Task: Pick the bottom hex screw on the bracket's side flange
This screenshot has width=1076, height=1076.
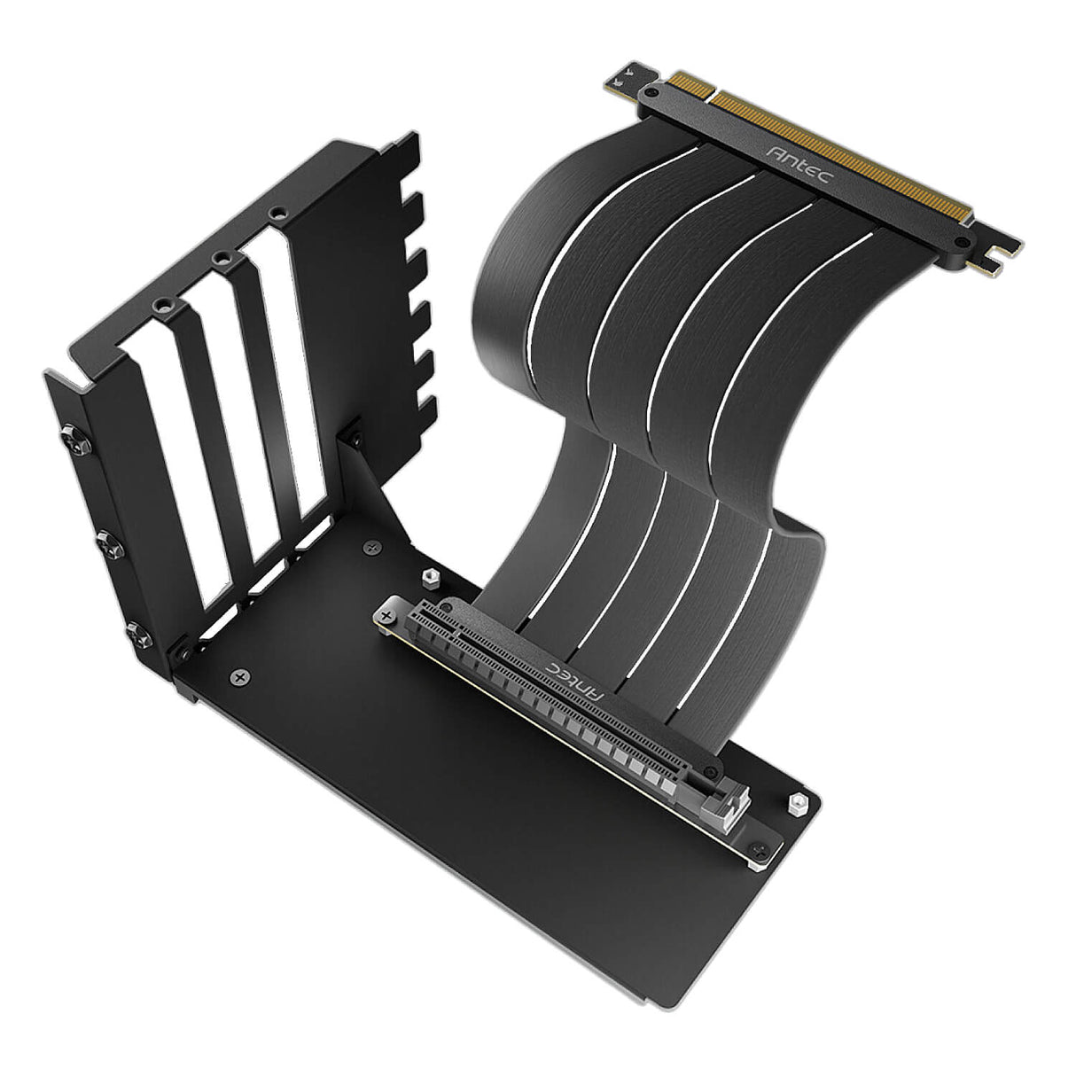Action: [x=136, y=631]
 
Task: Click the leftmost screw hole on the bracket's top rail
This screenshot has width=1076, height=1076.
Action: [x=161, y=303]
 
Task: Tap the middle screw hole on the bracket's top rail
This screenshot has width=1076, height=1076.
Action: [x=219, y=258]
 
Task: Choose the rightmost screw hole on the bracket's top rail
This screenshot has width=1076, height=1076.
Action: [x=278, y=214]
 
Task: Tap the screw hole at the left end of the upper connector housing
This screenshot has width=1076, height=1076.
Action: [x=652, y=92]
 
